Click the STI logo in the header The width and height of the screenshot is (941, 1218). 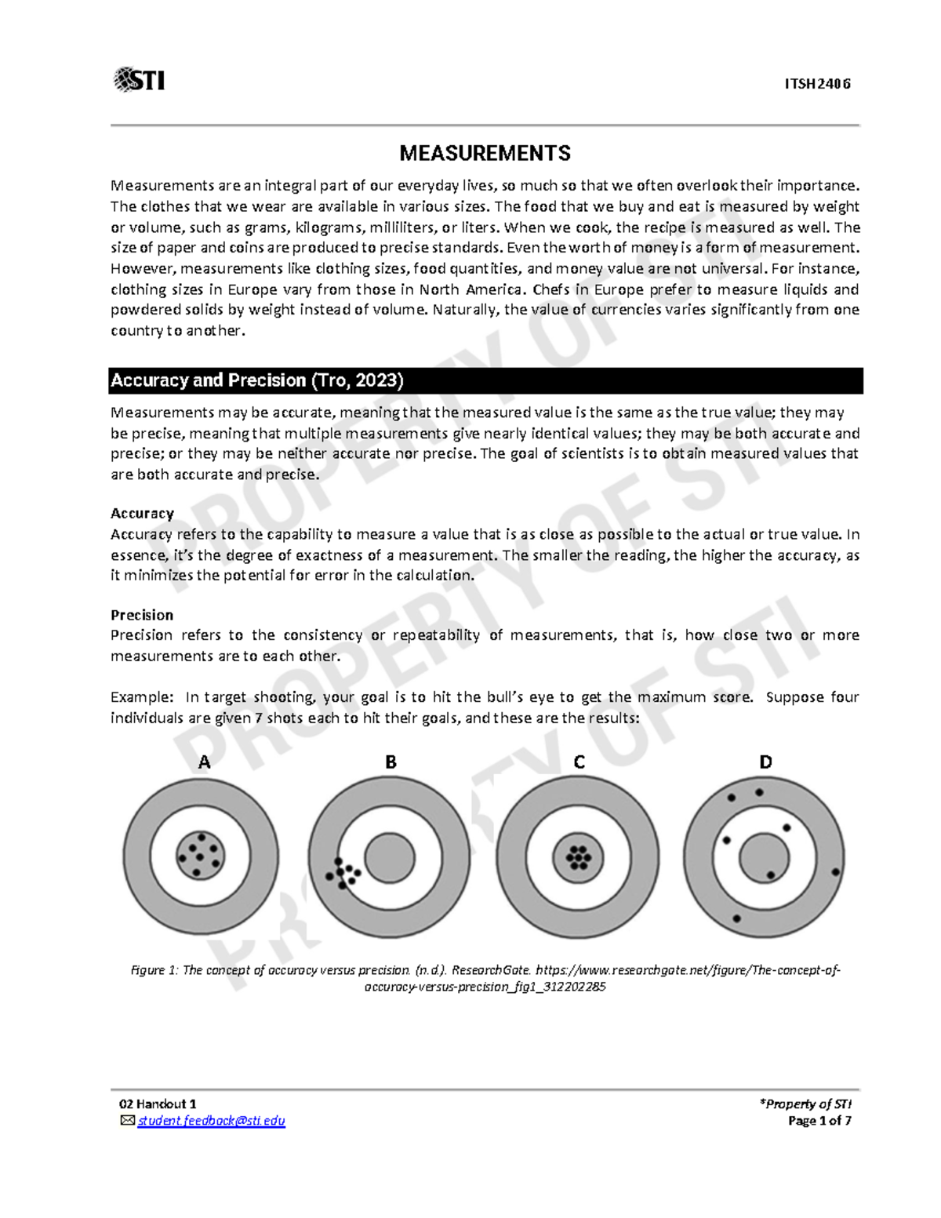point(139,80)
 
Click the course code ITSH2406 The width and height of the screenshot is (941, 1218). point(817,84)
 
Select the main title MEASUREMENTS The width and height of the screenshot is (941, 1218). point(485,153)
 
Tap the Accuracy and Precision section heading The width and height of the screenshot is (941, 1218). point(256,380)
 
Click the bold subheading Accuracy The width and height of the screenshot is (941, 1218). point(142,514)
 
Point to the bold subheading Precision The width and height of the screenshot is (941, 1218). point(142,615)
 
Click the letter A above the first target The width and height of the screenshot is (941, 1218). point(205,762)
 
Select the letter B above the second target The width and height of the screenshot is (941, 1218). point(391,762)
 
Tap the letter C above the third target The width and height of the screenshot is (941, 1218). point(579,762)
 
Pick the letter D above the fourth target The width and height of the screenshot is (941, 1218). point(765,762)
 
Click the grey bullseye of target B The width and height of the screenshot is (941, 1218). point(390,857)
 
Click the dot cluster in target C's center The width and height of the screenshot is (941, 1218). point(579,857)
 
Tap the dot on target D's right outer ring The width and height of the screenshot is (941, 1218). point(835,872)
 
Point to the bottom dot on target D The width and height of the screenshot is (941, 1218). point(736,918)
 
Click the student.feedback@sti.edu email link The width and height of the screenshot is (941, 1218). point(211,1121)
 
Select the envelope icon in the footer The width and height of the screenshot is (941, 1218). point(127,1121)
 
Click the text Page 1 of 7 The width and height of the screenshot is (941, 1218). point(819,1121)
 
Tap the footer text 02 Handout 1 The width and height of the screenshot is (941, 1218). point(158,1103)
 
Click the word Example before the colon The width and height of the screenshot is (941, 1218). point(140,697)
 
